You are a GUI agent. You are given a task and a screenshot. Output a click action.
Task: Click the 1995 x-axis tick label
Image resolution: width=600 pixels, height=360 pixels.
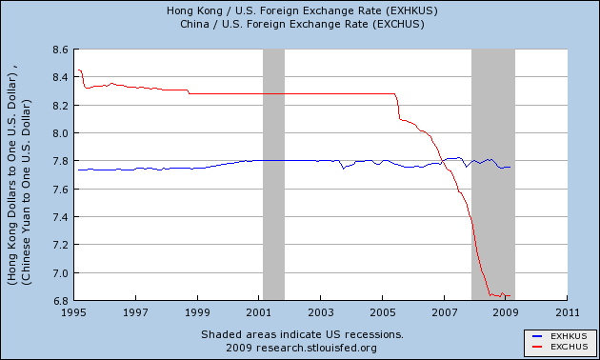click(75, 312)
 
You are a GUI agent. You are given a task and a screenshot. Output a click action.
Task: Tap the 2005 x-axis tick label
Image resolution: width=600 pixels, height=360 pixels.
click(383, 312)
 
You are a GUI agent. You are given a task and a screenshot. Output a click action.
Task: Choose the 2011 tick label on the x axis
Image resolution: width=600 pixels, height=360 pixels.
click(568, 312)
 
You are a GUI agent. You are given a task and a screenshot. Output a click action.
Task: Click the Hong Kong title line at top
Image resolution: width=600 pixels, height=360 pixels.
click(300, 11)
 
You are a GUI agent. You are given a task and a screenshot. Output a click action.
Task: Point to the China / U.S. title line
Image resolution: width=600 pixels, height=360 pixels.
click(300, 24)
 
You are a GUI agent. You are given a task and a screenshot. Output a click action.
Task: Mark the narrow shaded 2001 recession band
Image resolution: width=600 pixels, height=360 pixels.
click(273, 171)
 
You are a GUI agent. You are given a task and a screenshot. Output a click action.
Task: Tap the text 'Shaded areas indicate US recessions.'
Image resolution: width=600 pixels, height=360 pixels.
click(301, 334)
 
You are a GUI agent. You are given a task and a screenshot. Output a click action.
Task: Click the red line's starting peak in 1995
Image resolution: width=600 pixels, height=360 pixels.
click(79, 70)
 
